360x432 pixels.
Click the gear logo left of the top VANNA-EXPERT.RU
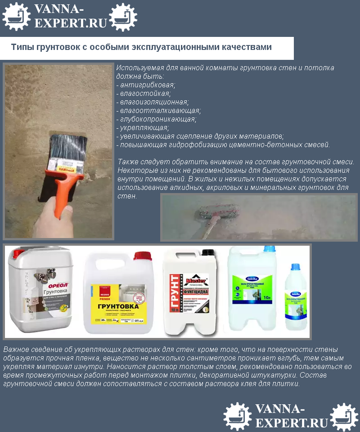coord(16,17)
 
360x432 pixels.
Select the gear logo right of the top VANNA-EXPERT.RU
coord(123,17)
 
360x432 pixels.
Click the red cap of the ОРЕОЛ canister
coord(18,254)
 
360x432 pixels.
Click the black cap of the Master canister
coord(207,253)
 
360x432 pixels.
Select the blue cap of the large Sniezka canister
coord(269,249)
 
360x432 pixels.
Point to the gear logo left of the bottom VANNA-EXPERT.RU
coord(238,416)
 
